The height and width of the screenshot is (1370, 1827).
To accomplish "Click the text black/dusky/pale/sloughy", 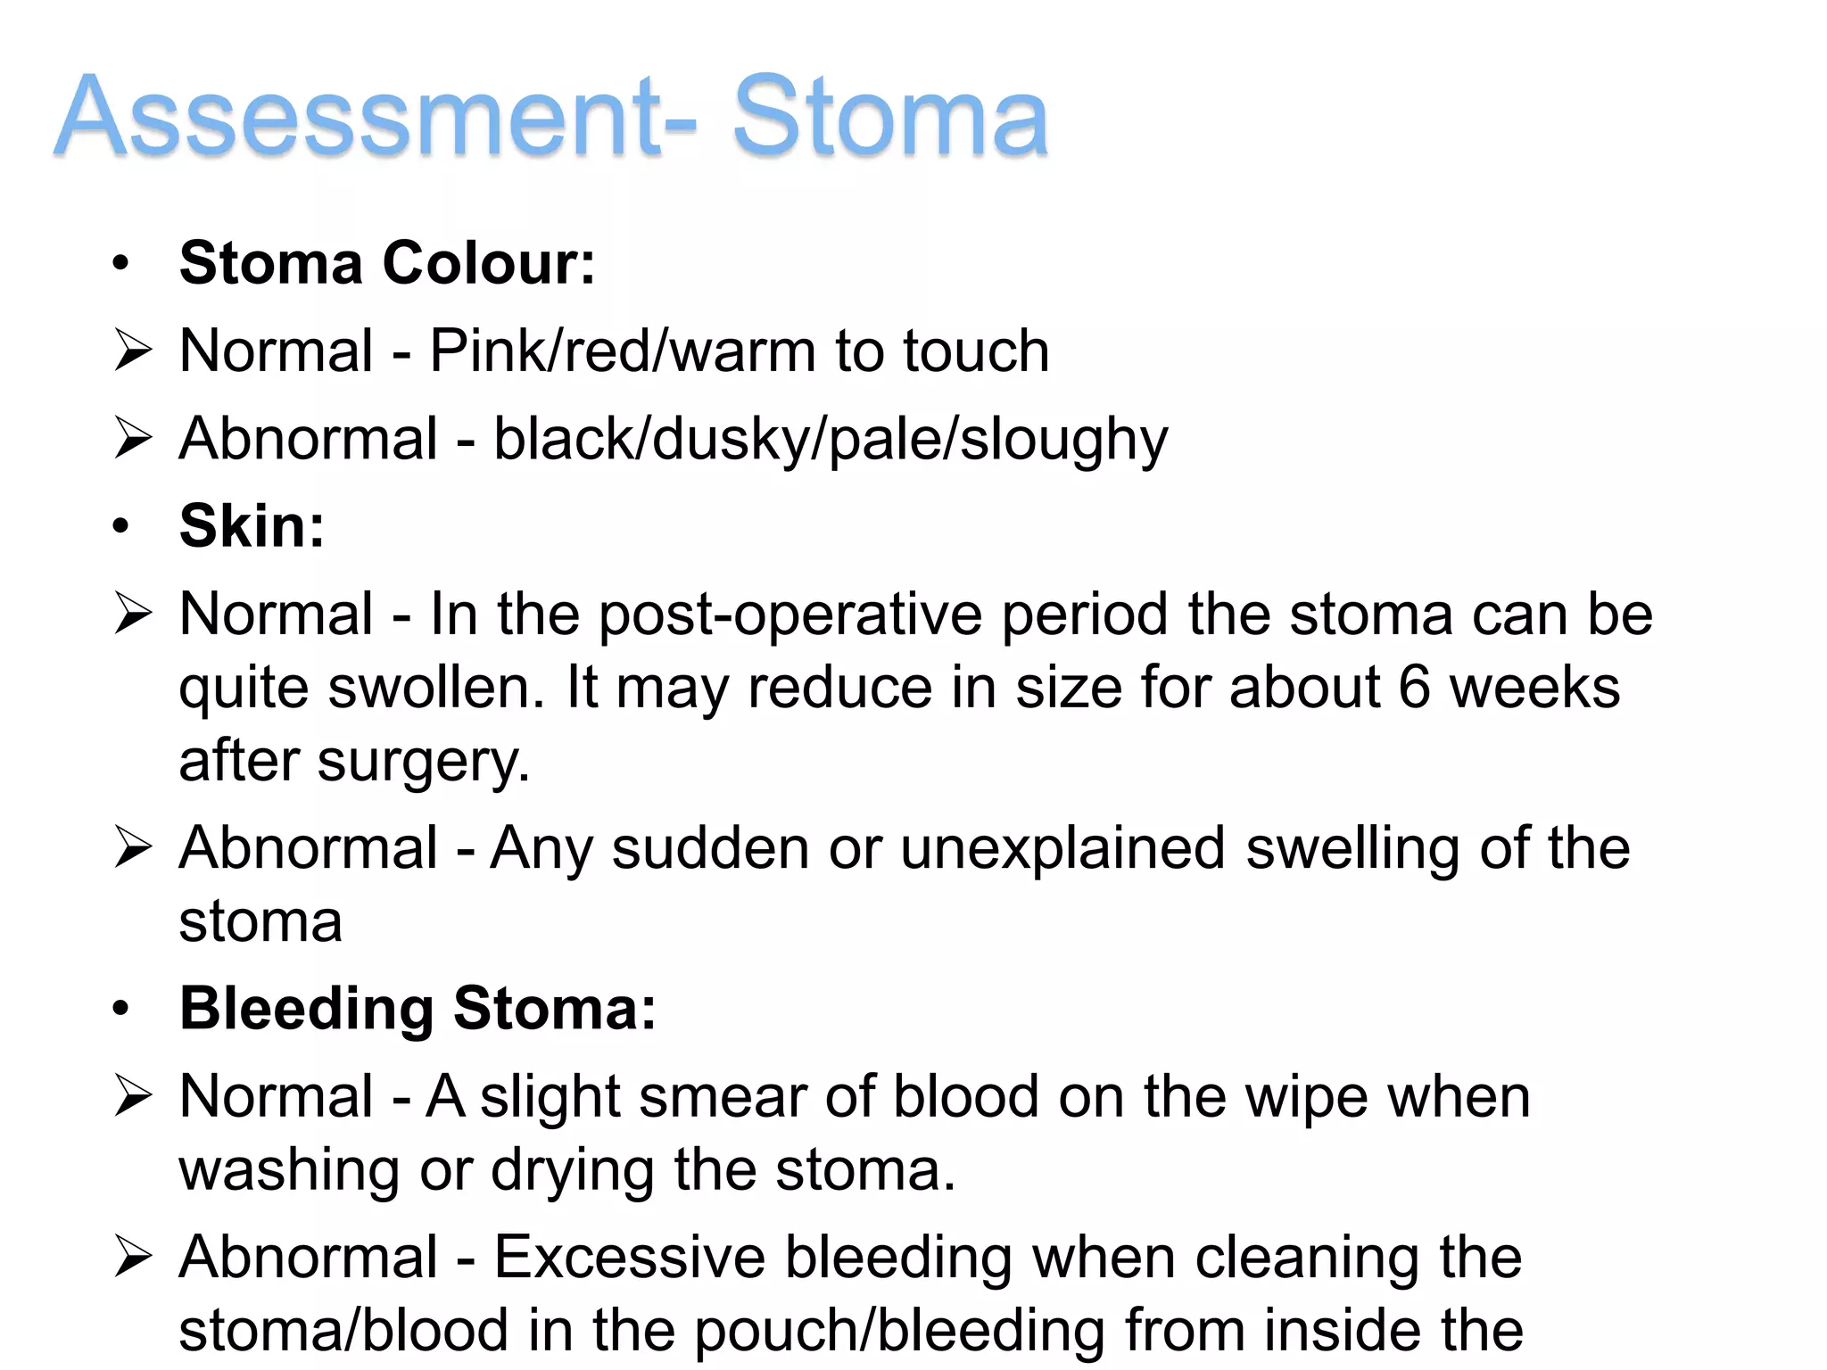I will [x=831, y=440].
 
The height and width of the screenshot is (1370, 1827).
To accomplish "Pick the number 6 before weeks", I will [x=1414, y=688].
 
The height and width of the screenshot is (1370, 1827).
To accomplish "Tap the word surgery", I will [x=424, y=762].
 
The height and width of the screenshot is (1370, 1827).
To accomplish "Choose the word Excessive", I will [x=630, y=1258].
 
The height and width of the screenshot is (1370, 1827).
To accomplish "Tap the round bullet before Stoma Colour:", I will [x=121, y=264].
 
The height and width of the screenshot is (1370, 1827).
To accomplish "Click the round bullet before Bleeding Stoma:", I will [x=121, y=1009].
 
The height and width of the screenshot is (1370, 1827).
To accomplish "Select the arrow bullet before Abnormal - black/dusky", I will [x=133, y=439].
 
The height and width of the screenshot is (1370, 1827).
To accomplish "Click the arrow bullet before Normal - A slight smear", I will [x=133, y=1096].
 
